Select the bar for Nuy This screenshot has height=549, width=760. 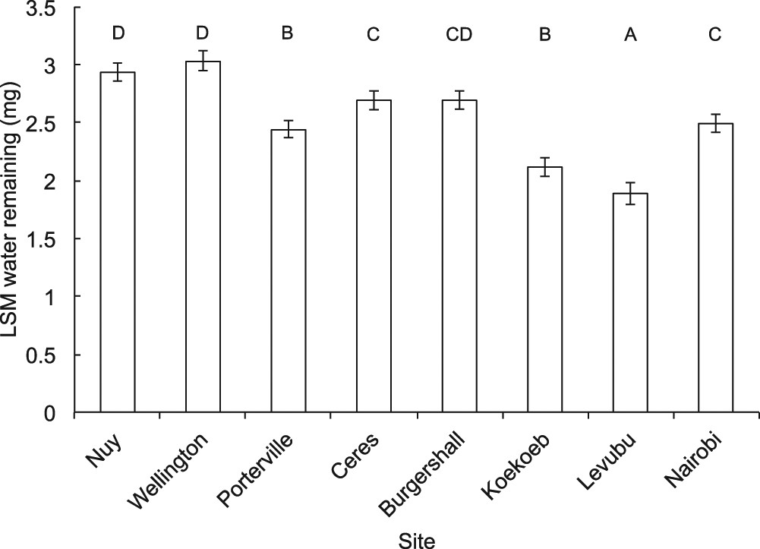118,243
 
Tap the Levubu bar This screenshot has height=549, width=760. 630,304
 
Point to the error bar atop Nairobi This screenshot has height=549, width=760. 715,123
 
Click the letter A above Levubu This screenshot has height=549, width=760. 630,35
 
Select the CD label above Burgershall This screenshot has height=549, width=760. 459,35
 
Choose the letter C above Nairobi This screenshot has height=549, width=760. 715,35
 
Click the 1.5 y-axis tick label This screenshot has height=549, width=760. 49,239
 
